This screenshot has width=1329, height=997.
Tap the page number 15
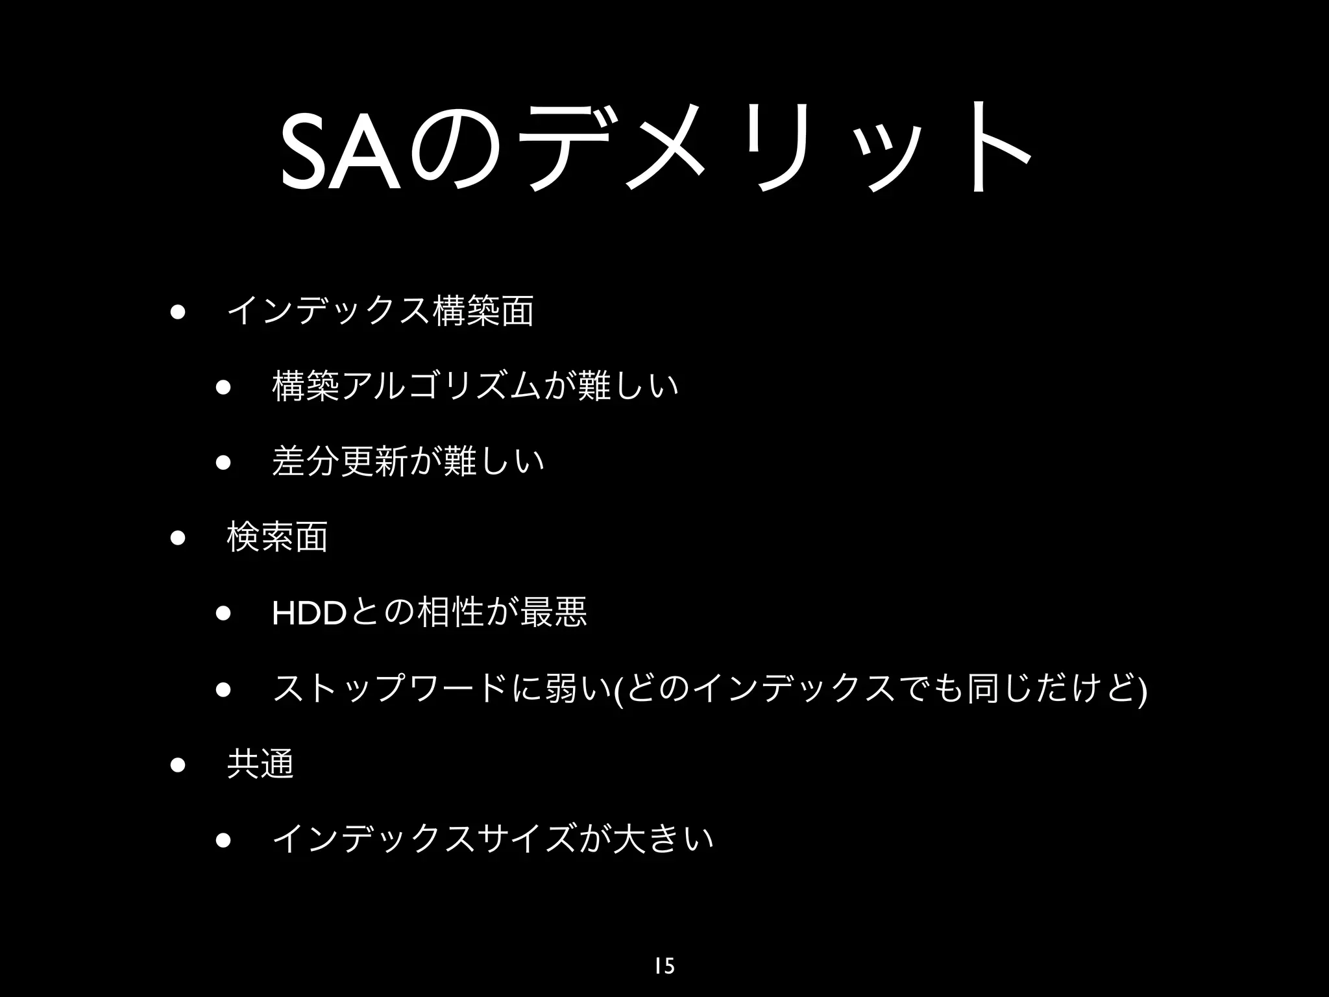click(x=664, y=966)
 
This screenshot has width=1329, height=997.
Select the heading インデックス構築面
click(x=380, y=310)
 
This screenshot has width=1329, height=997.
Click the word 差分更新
click(x=339, y=462)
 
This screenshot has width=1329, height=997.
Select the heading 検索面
click(x=277, y=537)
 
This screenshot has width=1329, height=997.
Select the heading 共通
click(x=260, y=763)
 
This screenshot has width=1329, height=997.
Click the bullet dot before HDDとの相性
click(x=224, y=614)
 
